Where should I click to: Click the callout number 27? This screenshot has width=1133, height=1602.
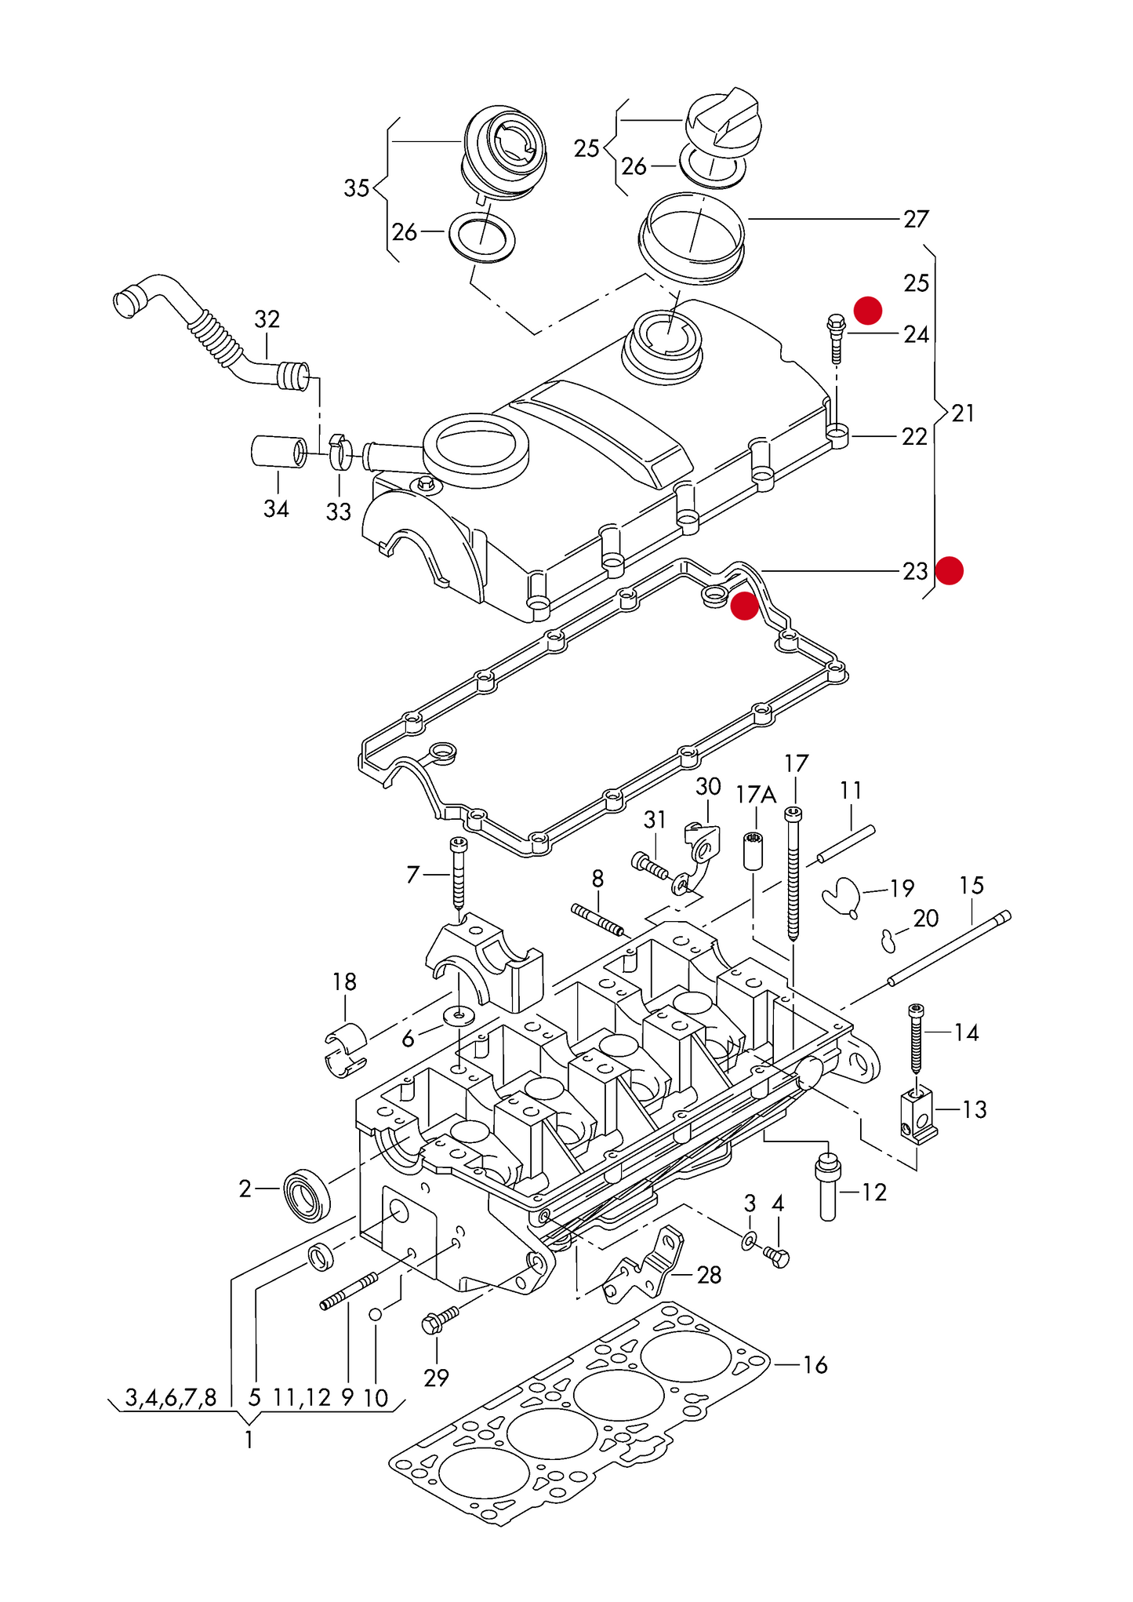click(x=916, y=219)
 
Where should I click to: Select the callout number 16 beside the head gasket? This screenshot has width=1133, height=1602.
click(x=815, y=1365)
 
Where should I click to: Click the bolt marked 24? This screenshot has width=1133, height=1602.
click(x=836, y=338)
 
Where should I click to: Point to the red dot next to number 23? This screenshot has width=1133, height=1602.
click(x=950, y=570)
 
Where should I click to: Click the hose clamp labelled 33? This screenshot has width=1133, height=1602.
click(x=341, y=450)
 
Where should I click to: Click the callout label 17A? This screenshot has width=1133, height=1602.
click(x=756, y=795)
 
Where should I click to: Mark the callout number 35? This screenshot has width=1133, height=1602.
click(x=357, y=188)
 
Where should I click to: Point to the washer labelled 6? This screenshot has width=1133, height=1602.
click(x=459, y=1017)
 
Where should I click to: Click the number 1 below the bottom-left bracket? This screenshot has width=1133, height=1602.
click(x=249, y=1440)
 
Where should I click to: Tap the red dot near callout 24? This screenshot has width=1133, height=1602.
click(x=868, y=310)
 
